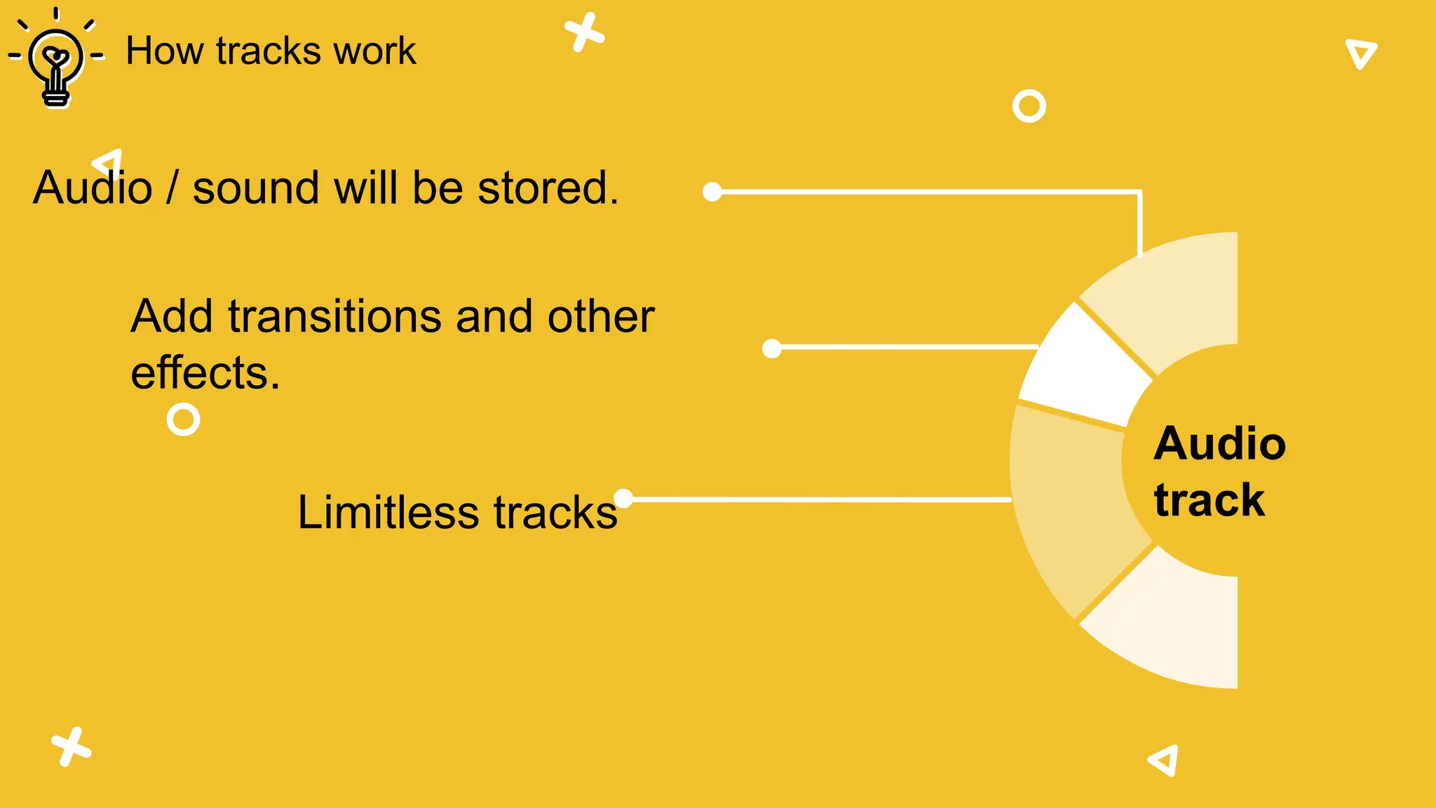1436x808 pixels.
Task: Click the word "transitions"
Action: click(335, 316)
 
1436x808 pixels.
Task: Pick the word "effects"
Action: click(205, 372)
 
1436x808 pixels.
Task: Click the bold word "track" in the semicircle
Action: click(1210, 500)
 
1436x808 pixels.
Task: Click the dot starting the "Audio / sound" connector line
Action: click(712, 191)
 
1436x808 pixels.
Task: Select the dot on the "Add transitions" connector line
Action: click(771, 348)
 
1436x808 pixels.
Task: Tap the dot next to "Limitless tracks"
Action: click(623, 498)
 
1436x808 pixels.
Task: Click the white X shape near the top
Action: click(584, 32)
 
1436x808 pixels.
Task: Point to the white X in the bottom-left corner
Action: click(71, 746)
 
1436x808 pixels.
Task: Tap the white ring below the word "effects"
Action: click(184, 419)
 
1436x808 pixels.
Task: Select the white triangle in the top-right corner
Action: click(1361, 53)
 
